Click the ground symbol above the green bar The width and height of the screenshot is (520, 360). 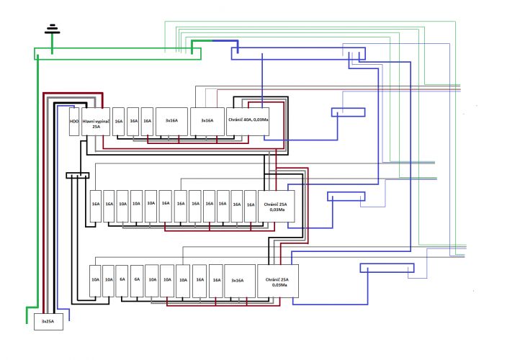pos(52,30)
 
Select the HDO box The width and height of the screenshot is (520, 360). pos(74,122)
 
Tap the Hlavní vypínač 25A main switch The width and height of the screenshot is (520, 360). pos(96,122)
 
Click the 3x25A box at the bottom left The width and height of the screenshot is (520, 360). pos(48,322)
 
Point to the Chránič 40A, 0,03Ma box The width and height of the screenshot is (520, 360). pos(248,122)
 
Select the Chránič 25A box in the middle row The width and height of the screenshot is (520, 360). pos(277,206)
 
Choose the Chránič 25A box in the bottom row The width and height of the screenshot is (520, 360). pos(278,281)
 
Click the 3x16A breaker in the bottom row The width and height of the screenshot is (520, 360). pos(240,281)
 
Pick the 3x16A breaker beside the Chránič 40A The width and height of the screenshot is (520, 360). pos(207,122)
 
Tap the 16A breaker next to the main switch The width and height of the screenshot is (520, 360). pos(118,122)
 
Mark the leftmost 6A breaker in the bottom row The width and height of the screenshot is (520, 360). pos(122,281)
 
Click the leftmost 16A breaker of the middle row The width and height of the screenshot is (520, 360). pos(96,206)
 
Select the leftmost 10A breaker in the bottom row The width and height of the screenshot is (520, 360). pos(95,281)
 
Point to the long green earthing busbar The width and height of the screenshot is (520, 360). pos(117,54)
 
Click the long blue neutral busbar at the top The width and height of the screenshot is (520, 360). pos(298,54)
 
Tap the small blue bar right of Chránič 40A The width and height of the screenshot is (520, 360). pos(348,112)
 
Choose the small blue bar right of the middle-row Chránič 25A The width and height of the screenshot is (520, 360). pos(346,197)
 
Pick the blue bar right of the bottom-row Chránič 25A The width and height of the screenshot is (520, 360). pos(387,268)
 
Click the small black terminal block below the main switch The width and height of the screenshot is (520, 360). pos(78,176)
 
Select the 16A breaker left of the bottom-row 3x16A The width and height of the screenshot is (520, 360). pos(216,281)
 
